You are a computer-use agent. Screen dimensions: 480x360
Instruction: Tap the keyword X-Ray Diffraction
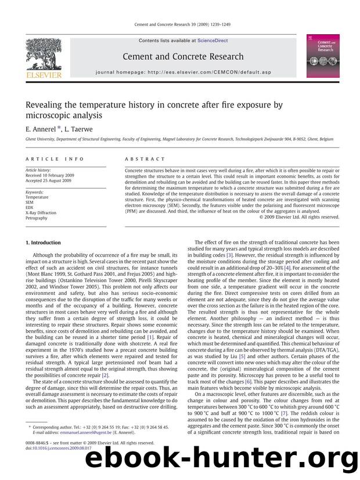pyautogui.click(x=41, y=213)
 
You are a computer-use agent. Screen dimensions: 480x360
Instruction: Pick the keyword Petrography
pyautogui.click(x=37, y=218)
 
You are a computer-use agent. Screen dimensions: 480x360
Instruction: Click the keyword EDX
pyautogui.click(x=30, y=207)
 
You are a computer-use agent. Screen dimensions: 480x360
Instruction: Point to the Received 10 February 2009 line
pyautogui.click(x=49, y=175)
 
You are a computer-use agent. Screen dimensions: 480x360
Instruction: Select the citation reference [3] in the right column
pyautogui.click(x=229, y=255)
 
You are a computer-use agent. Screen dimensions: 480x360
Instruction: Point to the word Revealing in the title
pyautogui.click(x=45, y=105)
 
